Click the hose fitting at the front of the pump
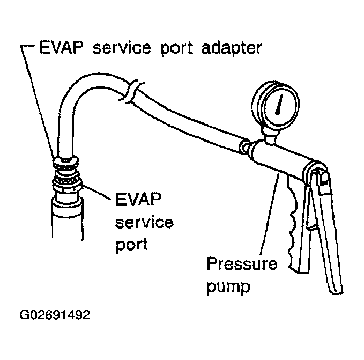245,145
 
